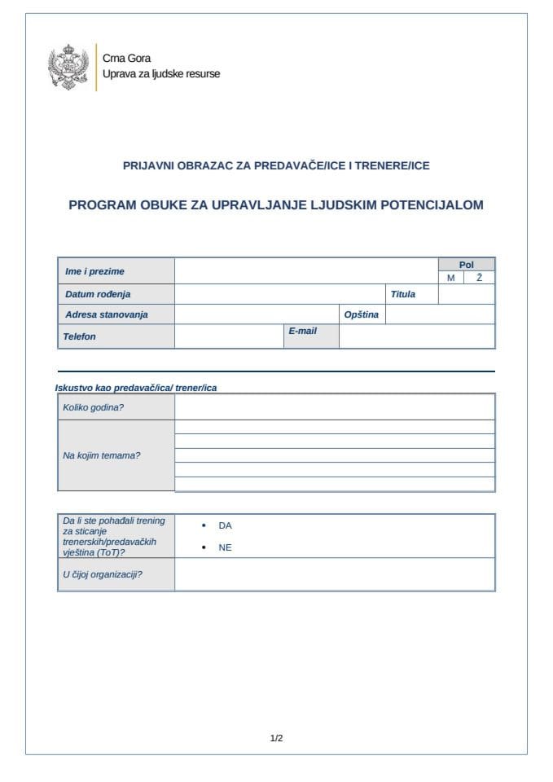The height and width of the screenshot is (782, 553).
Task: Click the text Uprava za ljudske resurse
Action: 160,74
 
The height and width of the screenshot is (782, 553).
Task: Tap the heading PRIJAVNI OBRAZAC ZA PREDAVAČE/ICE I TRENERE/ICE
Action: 276,165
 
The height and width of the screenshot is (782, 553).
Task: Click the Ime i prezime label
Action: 94,271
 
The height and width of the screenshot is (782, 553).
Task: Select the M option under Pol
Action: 450,278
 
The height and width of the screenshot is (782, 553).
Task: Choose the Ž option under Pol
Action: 479,278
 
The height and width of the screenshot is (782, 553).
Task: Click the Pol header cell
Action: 466,265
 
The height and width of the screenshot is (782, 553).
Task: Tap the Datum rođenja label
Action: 98,294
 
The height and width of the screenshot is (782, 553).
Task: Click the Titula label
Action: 402,294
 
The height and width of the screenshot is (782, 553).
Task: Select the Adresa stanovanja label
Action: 107,314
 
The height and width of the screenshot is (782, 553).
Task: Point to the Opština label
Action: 362,314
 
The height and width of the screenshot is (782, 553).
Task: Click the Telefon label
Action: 79,336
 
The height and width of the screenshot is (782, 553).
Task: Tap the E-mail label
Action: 302,332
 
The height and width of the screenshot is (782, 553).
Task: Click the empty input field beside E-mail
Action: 416,336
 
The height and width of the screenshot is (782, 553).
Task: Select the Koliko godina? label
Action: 94,406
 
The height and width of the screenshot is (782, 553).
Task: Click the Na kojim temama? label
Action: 102,455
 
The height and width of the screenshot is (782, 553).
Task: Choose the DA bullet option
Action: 225,525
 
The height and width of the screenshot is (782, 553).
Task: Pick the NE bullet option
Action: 225,547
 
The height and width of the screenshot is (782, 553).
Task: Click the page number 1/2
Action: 276,739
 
